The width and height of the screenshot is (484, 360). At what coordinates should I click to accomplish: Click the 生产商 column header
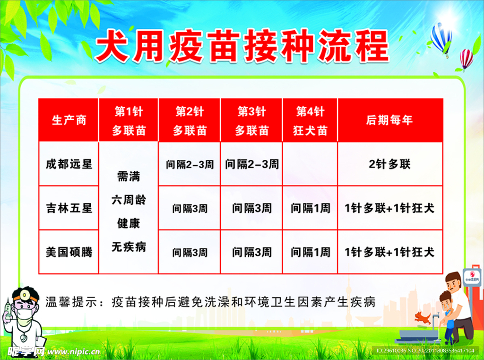(x=69, y=120)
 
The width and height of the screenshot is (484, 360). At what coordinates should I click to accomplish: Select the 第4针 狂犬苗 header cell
(x=310, y=120)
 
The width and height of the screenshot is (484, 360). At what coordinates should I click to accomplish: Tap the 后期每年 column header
(x=390, y=120)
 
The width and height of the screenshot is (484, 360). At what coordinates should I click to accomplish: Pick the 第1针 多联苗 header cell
(x=129, y=120)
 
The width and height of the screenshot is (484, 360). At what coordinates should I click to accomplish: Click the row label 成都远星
(x=69, y=164)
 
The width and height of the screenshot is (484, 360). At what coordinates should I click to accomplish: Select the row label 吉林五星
(x=69, y=208)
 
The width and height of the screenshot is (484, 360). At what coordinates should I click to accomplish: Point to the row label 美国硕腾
(x=69, y=252)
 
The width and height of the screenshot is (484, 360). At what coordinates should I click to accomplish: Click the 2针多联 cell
(x=390, y=164)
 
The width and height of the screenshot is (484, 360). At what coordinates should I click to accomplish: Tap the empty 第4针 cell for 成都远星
(x=310, y=164)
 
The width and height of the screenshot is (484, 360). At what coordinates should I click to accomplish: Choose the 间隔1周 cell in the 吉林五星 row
(x=310, y=208)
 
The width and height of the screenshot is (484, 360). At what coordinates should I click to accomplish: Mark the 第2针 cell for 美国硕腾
(x=190, y=252)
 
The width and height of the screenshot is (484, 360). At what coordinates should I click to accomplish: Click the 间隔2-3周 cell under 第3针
(x=251, y=164)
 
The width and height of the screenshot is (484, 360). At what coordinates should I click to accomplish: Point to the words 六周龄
(x=129, y=200)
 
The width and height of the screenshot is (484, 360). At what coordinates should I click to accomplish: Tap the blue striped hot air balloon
(x=441, y=39)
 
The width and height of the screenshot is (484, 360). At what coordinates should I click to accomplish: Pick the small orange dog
(x=422, y=317)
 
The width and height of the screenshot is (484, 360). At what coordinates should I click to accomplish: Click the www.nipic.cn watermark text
(x=74, y=351)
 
